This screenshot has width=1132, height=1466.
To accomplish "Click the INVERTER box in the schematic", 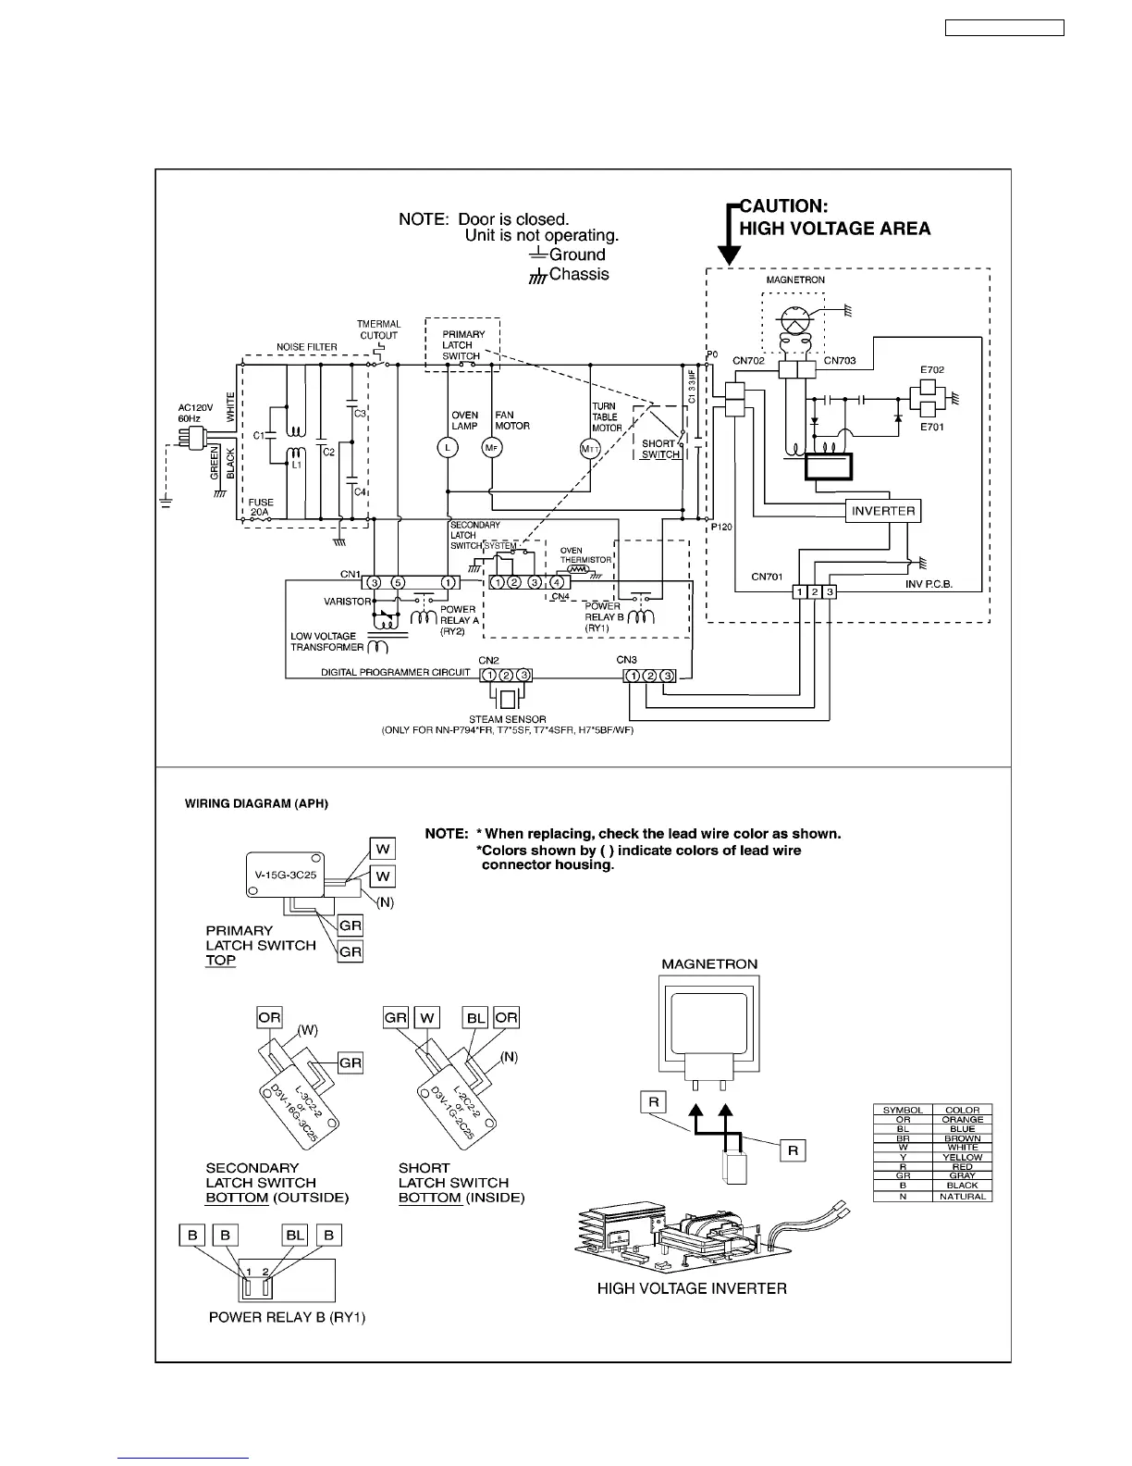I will click(883, 511).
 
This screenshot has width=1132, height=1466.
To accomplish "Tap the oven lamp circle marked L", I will click(447, 448).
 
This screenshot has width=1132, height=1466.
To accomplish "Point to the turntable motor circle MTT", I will click(590, 449).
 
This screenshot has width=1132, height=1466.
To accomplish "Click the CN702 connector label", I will click(748, 361).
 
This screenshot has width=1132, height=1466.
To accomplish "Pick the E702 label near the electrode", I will click(931, 370).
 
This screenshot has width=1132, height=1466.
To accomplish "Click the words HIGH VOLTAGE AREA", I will click(834, 229).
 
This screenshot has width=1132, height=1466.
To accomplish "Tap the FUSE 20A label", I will click(260, 506).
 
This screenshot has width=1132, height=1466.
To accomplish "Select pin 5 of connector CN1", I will click(397, 583).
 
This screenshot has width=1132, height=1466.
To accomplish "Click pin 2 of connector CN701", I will click(815, 591).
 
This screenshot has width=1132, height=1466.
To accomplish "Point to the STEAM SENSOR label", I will click(507, 719).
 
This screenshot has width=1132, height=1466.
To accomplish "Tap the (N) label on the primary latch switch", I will click(385, 902).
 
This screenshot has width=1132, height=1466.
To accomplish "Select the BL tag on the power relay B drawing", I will click(295, 1235).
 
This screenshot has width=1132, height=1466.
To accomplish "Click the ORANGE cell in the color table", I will click(962, 1120).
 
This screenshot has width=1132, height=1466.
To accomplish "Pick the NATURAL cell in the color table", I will click(962, 1197).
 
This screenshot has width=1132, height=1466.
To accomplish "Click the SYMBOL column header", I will click(903, 1110).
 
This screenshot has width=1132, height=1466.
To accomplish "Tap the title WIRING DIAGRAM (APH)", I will click(257, 803).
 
